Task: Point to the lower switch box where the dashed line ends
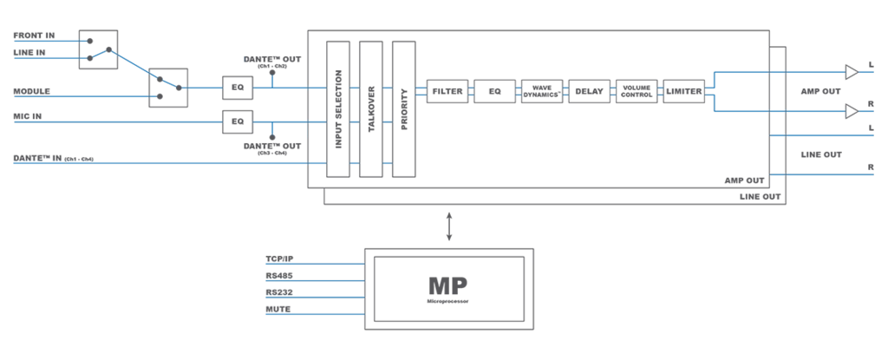pyautogui.click(x=178, y=87)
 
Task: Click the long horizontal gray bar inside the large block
pyautogui.click(x=564, y=88)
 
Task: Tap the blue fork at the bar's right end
pyautogui.click(x=711, y=89)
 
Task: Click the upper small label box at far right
pyautogui.click(x=819, y=90)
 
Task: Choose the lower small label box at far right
pyautogui.click(x=820, y=153)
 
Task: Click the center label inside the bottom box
pyautogui.click(x=447, y=288)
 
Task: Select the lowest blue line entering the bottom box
pyautogui.click(x=312, y=315)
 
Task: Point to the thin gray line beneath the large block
pyautogui.click(x=520, y=206)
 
